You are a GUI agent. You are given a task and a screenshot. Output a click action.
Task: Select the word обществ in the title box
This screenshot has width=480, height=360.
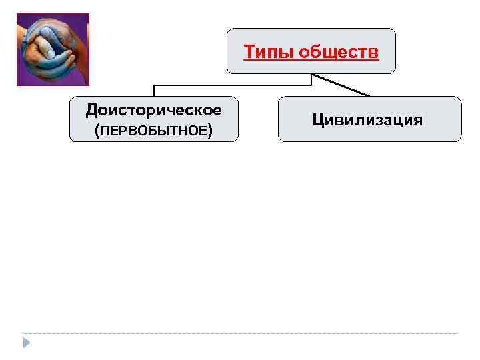(339, 51)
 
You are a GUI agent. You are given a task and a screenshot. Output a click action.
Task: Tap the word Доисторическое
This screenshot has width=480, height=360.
(153, 108)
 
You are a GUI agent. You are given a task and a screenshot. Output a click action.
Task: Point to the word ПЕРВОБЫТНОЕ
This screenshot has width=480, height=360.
(153, 131)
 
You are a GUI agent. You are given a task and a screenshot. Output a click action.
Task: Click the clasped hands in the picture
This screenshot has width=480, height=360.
(52, 49)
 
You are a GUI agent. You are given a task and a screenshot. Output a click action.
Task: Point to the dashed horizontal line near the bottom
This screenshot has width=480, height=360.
(240, 333)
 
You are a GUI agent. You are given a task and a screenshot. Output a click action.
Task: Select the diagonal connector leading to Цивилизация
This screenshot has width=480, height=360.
(340, 85)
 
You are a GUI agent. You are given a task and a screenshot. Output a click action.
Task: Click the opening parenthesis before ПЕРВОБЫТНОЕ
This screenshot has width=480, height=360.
(97, 131)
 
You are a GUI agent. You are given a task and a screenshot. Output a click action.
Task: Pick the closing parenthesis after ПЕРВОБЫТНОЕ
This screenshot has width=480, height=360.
(211, 131)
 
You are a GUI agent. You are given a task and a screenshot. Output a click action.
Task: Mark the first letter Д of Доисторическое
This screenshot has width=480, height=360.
(91, 109)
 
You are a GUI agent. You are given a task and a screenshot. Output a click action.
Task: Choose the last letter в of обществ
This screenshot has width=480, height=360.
(375, 52)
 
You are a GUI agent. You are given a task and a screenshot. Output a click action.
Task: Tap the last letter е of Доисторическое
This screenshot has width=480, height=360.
(217, 109)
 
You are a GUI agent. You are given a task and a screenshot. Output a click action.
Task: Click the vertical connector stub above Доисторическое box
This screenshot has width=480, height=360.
(154, 91)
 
